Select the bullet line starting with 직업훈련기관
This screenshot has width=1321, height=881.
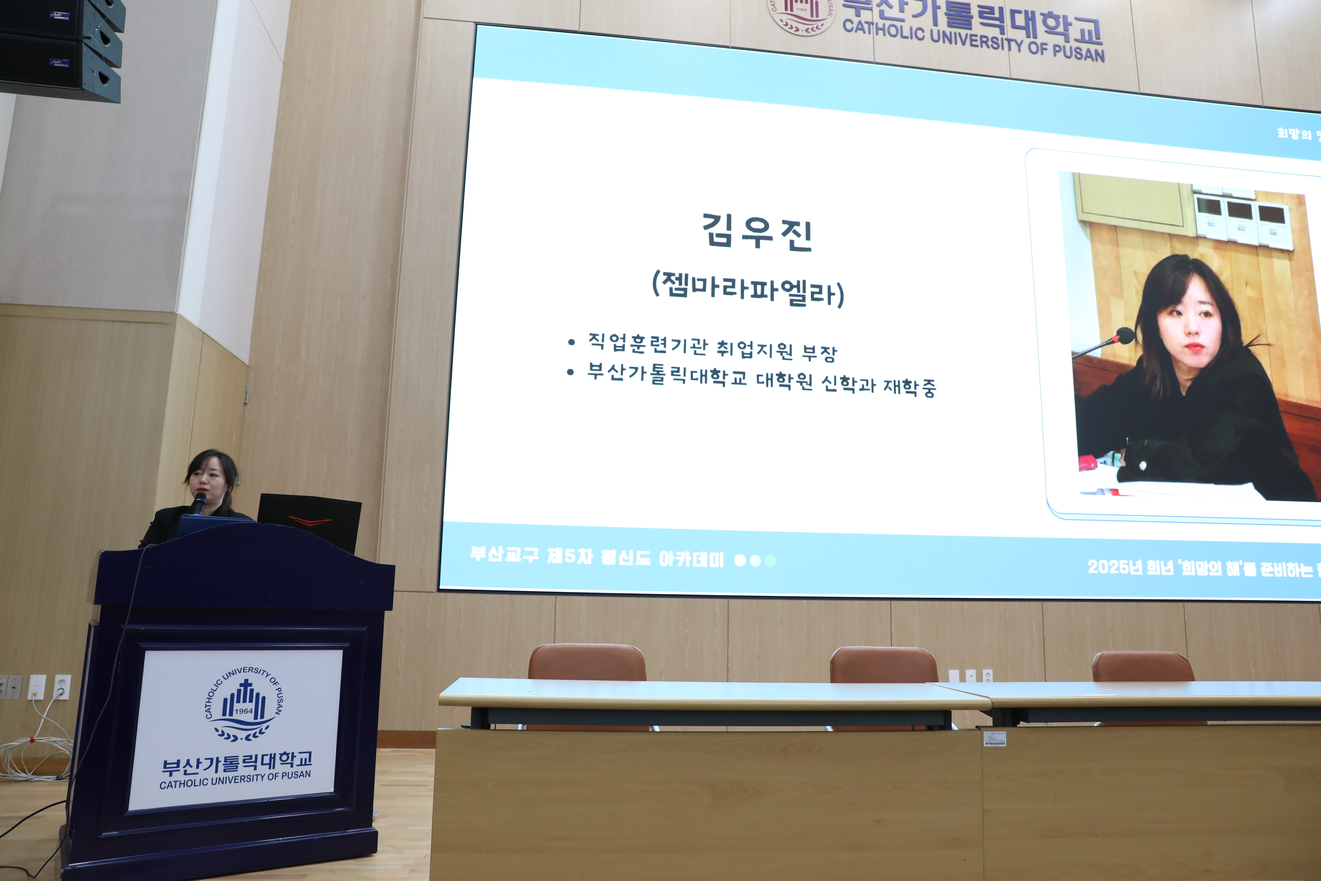[x=712, y=346]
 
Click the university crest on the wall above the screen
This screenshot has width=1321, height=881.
[x=801, y=14]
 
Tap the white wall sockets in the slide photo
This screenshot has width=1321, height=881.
[x=1241, y=219]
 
